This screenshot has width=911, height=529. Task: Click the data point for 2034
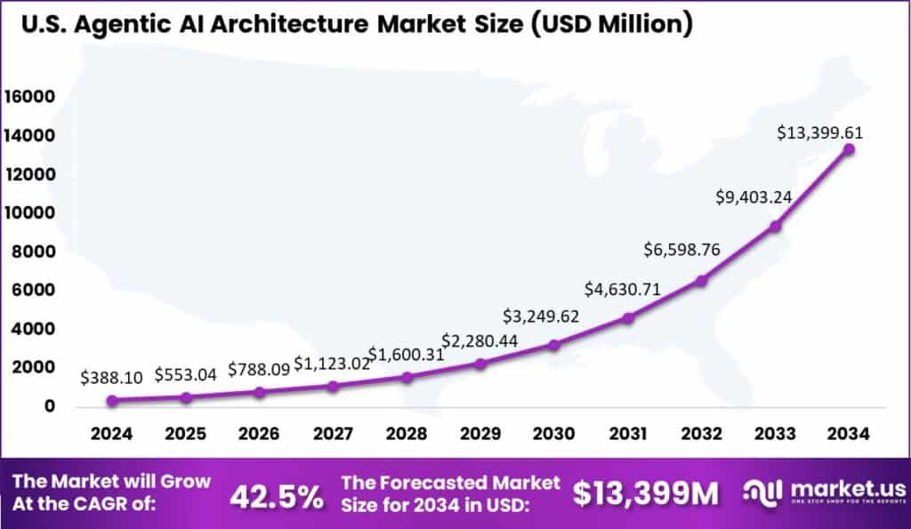[x=849, y=149]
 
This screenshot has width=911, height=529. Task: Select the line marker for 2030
[x=553, y=344]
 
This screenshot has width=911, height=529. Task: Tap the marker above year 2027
[x=333, y=386]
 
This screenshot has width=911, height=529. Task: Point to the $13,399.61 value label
[x=819, y=133]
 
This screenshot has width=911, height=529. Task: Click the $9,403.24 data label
[x=755, y=197]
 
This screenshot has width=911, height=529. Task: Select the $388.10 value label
[x=111, y=377]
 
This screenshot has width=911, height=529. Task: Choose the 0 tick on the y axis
[x=51, y=406]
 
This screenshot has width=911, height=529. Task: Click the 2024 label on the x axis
[x=111, y=434]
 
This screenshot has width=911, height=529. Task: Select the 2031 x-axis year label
[x=627, y=434]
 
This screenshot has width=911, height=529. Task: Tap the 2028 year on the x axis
[x=406, y=434]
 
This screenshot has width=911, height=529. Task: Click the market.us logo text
[x=849, y=490]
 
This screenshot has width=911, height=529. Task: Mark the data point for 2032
[x=701, y=280]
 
